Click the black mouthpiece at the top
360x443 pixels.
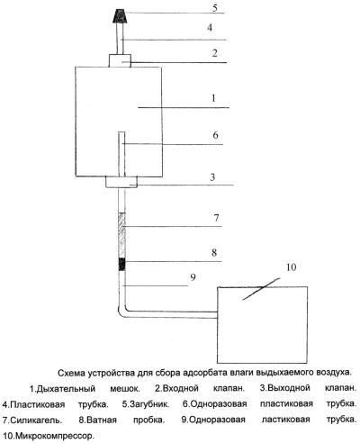click(120, 15)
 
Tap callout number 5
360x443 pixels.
click(215, 8)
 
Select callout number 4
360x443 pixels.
click(210, 28)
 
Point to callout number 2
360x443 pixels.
click(215, 53)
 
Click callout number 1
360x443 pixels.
click(213, 98)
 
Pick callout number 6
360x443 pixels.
click(215, 135)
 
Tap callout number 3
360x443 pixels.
click(212, 177)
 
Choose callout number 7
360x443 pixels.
click(216, 218)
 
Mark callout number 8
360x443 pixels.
click(214, 252)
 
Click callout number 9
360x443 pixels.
click(193, 277)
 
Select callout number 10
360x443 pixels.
click(291, 267)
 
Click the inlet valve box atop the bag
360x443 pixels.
click(120, 60)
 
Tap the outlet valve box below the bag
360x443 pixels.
click(121, 182)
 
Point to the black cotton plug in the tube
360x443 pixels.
click(121, 264)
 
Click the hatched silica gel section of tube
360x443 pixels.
click(121, 235)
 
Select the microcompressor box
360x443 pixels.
click(262, 325)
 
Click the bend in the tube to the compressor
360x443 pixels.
click(121, 312)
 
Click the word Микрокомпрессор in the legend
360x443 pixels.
click(52, 435)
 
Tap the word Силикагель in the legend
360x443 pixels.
click(36, 420)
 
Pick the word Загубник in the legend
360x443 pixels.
click(149, 404)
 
